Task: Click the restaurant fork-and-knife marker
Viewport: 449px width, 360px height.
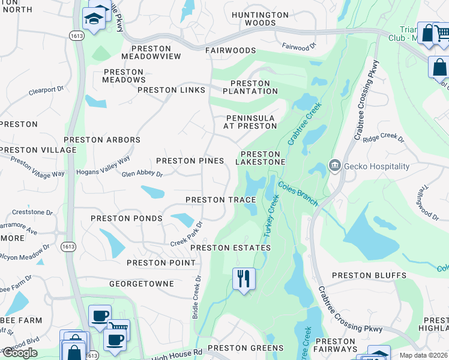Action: [x=244, y=279]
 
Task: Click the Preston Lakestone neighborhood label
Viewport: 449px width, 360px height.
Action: [x=260, y=158]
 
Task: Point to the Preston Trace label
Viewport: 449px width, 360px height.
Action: [x=221, y=200]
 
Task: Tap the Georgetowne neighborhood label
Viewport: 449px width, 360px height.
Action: [x=142, y=283]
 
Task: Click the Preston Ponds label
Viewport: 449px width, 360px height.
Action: [x=127, y=218]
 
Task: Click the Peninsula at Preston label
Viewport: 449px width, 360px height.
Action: [x=251, y=122]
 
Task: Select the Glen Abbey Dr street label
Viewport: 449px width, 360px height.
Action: [x=142, y=174]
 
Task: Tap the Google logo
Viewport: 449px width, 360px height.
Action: [x=20, y=353]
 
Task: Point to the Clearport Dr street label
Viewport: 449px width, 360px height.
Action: [x=46, y=91]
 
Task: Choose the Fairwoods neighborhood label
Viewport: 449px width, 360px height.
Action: [x=226, y=52]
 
